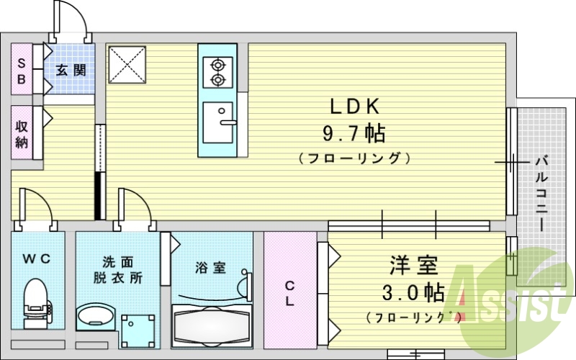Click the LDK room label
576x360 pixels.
click(x=354, y=107)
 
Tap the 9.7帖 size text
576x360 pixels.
click(x=354, y=133)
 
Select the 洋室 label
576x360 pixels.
click(x=414, y=266)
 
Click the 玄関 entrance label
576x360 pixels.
click(x=71, y=71)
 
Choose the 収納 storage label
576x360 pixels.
click(x=22, y=132)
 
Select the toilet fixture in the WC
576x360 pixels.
click(x=35, y=302)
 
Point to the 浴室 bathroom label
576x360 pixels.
click(x=211, y=268)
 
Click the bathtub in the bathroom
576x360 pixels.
click(x=212, y=327)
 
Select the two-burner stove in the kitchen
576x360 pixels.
click(x=217, y=72)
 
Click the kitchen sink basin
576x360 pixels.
click(x=217, y=122)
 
